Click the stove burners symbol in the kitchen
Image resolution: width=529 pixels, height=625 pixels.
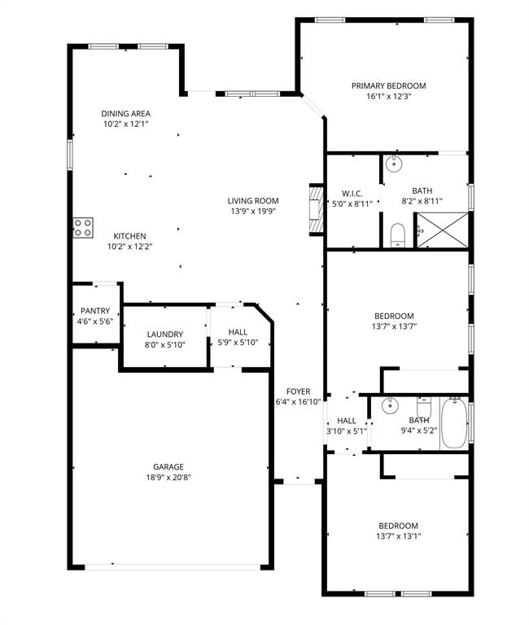point(82,227)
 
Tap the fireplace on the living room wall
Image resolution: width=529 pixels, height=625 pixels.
point(316,210)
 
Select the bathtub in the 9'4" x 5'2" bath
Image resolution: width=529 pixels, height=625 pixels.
point(452,423)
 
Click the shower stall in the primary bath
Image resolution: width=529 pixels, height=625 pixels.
point(442,230)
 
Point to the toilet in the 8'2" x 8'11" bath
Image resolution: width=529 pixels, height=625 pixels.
point(397,235)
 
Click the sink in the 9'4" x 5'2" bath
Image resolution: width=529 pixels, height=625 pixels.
point(391,404)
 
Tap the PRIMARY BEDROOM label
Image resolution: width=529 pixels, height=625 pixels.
point(388,85)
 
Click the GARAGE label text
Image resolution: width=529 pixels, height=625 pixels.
point(169,466)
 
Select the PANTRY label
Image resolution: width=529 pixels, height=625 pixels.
point(94,311)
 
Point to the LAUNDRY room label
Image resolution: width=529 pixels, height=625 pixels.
point(165,334)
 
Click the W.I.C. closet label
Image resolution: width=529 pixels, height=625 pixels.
point(352,193)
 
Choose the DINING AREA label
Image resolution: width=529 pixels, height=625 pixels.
point(125,114)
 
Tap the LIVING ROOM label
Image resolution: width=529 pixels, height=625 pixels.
point(252,201)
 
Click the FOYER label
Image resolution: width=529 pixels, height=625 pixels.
point(298,391)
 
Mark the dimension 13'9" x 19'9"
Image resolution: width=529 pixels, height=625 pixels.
point(252,212)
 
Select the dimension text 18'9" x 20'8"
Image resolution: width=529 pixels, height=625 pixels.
point(169,478)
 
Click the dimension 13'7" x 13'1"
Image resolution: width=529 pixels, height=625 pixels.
point(398,536)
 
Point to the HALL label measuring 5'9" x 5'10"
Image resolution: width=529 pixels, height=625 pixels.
point(238,332)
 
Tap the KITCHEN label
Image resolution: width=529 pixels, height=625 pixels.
point(129,236)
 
